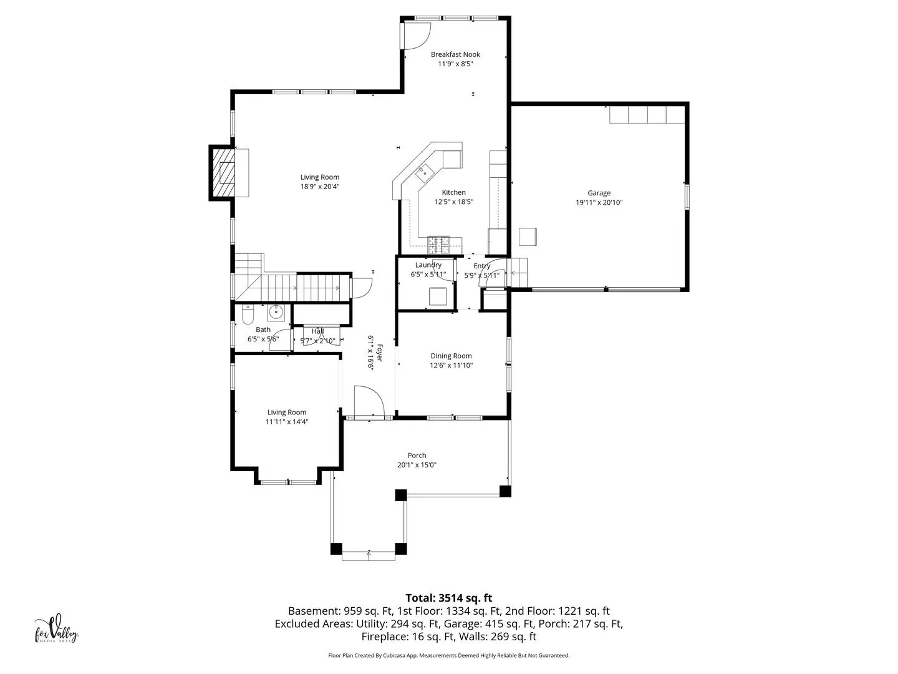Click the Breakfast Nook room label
coord(455,54)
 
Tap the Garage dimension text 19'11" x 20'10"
coord(599,203)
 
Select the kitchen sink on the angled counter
coord(425,173)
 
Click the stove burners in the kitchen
coord(438,245)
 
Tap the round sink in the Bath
coord(276,313)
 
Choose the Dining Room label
coord(451,356)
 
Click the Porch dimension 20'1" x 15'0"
coord(417,465)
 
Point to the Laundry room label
coord(428,265)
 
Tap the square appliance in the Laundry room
coord(438,296)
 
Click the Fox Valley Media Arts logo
coord(56,630)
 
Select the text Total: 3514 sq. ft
coord(449,598)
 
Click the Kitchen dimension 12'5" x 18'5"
coord(454,202)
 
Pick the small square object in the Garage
coord(528,237)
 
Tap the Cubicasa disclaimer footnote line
coord(449,655)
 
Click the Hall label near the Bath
coord(317,331)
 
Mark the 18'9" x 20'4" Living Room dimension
coord(320,187)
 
